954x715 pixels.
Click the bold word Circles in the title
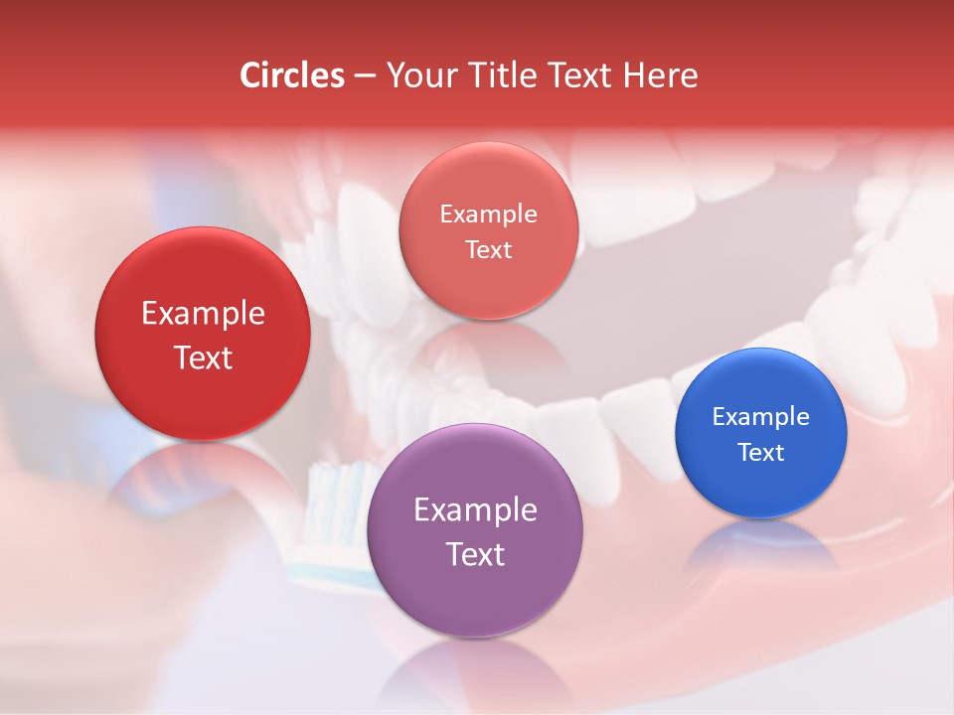291,75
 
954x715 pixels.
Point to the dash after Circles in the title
365,76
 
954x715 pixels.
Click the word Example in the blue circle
761,416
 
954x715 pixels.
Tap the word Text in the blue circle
761,452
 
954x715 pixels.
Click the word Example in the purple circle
475,509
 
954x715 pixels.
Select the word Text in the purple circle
475,553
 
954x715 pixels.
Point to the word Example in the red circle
203,313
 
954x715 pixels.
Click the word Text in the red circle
203,357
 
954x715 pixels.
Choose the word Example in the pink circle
488,214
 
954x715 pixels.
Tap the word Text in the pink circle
488,249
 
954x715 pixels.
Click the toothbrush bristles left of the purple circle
338,506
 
